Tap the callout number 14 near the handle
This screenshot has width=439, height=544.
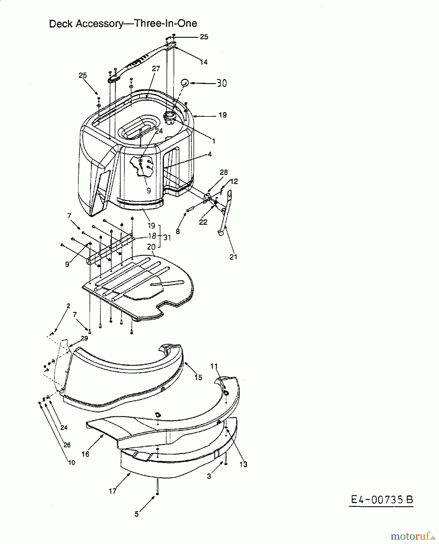tap(204, 62)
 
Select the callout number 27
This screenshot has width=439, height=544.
tap(156, 69)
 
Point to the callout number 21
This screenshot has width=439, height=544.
tap(233, 257)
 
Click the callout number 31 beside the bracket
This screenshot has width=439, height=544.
tap(167, 238)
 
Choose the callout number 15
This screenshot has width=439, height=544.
tap(198, 377)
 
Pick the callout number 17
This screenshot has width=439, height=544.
tap(112, 491)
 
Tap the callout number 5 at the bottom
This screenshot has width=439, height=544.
tap(137, 514)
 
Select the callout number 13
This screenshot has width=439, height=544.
tap(243, 465)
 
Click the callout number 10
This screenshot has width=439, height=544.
tap(72, 462)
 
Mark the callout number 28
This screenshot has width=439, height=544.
tap(224, 172)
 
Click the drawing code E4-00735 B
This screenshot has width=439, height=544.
tap(381, 500)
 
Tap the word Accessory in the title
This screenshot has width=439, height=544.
tap(98, 24)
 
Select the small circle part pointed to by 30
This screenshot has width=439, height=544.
tap(185, 83)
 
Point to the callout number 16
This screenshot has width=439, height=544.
tap(86, 454)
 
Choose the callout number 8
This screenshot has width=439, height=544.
tap(178, 232)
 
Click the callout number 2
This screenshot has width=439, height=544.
tap(68, 306)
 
